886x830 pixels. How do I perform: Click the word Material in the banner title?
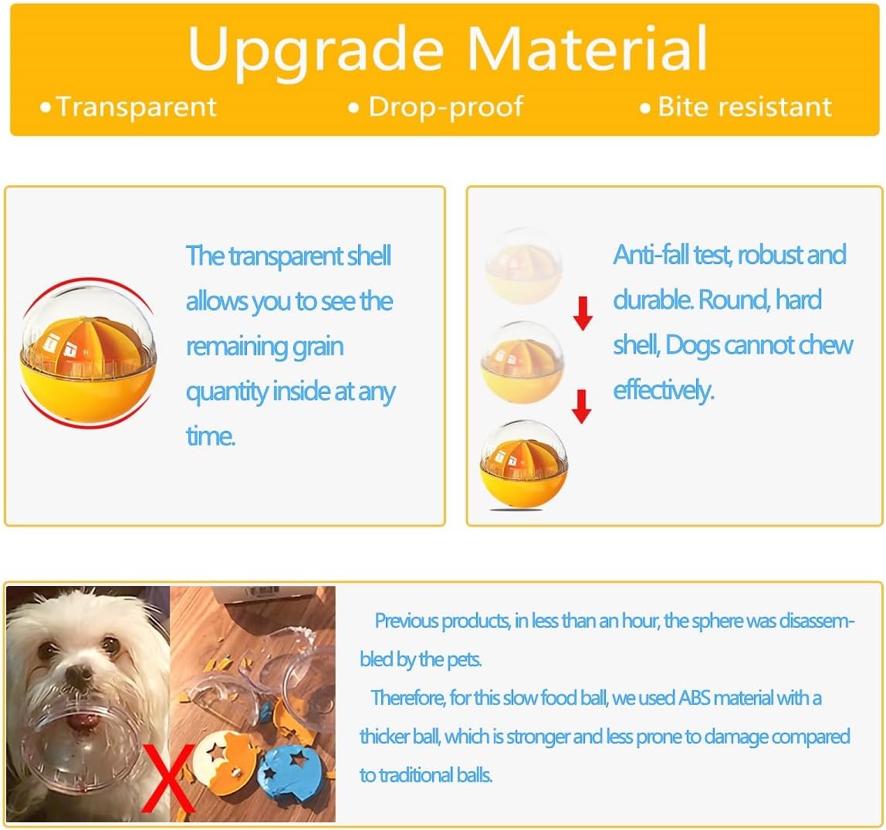tap(587, 48)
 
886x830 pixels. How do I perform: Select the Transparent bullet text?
tap(136, 107)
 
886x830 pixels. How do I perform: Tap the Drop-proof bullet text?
tap(446, 107)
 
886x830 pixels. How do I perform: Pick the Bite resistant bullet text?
tap(745, 107)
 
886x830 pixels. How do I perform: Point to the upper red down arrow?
tap(583, 313)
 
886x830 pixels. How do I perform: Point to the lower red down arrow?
tap(581, 406)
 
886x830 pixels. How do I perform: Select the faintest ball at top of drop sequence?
tap(524, 266)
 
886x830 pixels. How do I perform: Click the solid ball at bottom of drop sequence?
tap(523, 465)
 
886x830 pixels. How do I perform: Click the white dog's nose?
tap(79, 672)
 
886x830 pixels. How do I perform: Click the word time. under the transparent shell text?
tap(210, 436)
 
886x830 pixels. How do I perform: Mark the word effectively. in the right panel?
tap(664, 391)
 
